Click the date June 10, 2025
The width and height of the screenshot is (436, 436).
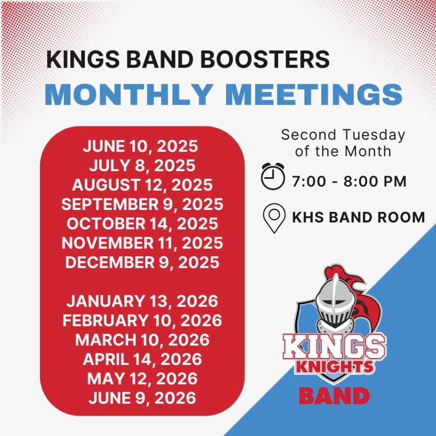pyautogui.click(x=140, y=146)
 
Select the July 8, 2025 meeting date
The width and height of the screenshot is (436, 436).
pyautogui.click(x=142, y=165)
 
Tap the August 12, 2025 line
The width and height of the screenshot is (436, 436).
pyautogui.click(x=142, y=185)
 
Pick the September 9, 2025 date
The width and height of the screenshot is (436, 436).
pyautogui.click(x=142, y=204)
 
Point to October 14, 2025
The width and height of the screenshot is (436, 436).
pyautogui.click(x=142, y=224)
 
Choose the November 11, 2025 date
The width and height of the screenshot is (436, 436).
pyautogui.click(x=142, y=243)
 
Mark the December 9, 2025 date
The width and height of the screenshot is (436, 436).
pyautogui.click(x=142, y=262)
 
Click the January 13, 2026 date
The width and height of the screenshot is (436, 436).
pyautogui.click(x=142, y=301)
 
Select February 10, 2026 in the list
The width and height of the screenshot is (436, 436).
pyautogui.click(x=142, y=320)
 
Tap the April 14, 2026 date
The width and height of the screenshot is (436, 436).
pyautogui.click(x=142, y=359)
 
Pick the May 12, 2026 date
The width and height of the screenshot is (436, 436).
pyautogui.click(x=142, y=378)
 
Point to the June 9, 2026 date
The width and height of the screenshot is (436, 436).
pyautogui.click(x=142, y=398)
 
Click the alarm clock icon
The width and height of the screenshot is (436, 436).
pyautogui.click(x=272, y=176)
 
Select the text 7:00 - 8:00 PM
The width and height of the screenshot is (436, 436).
pyautogui.click(x=349, y=182)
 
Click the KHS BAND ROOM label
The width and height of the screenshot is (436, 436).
pyautogui.click(x=358, y=218)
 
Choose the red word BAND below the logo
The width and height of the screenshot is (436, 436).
pyautogui.click(x=334, y=396)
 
